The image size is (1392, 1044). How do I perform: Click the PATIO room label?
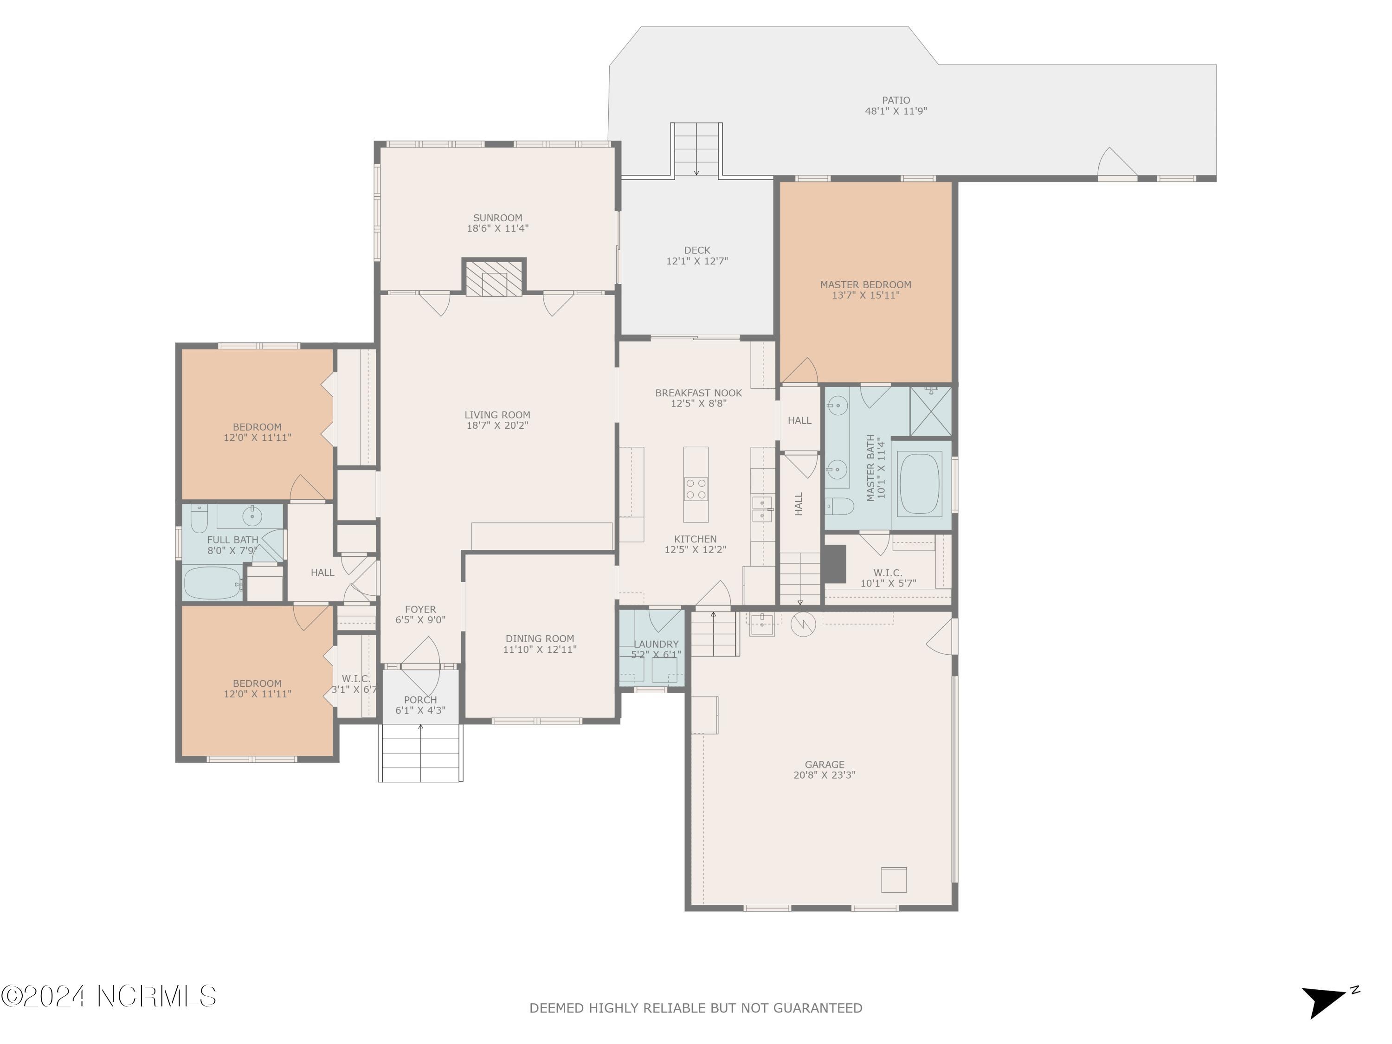(x=896, y=100)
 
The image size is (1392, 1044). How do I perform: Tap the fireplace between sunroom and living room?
(x=494, y=277)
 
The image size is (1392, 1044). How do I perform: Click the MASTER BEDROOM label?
(x=865, y=284)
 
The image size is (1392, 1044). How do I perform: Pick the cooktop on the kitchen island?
(x=696, y=489)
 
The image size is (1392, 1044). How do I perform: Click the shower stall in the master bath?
(x=931, y=411)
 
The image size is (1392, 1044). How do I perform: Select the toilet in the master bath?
(x=839, y=505)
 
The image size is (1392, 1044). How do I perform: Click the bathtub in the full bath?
(x=213, y=583)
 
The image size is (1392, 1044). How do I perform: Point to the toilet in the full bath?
(x=199, y=517)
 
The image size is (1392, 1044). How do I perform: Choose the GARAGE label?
(x=825, y=765)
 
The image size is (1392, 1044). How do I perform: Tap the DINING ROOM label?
(x=540, y=638)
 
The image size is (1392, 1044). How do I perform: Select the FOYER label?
(x=420, y=609)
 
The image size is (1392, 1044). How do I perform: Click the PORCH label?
(x=420, y=700)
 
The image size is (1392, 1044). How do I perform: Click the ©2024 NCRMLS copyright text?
(x=110, y=996)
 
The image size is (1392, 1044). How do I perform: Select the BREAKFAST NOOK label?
(x=698, y=393)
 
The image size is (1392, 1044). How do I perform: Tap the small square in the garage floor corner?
(x=894, y=879)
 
